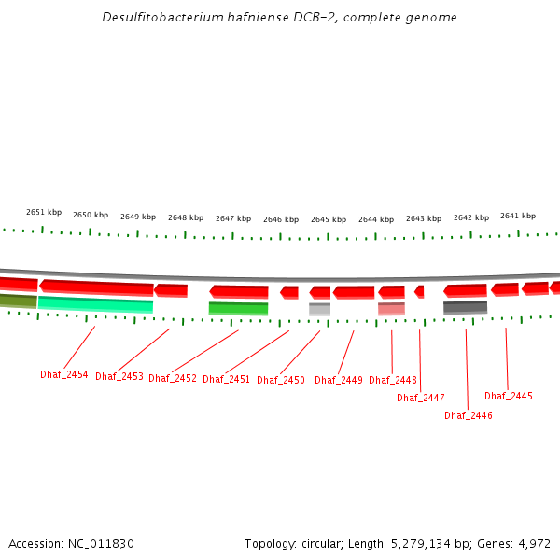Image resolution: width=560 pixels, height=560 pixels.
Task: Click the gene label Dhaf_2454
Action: click(64, 374)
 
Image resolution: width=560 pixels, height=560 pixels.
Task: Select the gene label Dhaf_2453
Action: click(119, 376)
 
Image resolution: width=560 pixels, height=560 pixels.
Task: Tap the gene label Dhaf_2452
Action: click(173, 378)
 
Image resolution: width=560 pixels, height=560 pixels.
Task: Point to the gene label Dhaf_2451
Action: click(227, 379)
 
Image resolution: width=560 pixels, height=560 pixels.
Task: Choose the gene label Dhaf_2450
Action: click(281, 380)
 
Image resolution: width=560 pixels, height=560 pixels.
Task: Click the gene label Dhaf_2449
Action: click(339, 380)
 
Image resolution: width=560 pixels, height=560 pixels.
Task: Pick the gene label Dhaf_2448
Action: click(393, 380)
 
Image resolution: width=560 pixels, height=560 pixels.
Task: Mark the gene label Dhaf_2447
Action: click(421, 398)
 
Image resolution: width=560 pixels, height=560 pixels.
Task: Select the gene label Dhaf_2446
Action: click(469, 415)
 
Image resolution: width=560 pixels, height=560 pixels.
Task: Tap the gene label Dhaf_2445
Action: click(509, 396)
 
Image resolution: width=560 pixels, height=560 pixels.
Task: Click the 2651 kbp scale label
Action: click(44, 212)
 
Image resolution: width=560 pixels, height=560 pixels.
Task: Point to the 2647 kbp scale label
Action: click(233, 218)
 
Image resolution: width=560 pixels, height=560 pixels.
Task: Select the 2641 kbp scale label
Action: click(518, 216)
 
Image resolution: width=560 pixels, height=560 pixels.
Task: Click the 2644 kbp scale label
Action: click(376, 219)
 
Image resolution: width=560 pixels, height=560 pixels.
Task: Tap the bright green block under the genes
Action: click(238, 308)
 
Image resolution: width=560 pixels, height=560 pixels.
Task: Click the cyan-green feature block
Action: click(95, 304)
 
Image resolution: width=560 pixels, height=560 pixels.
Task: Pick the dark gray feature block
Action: click(465, 307)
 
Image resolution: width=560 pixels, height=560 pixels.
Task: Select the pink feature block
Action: click(391, 309)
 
